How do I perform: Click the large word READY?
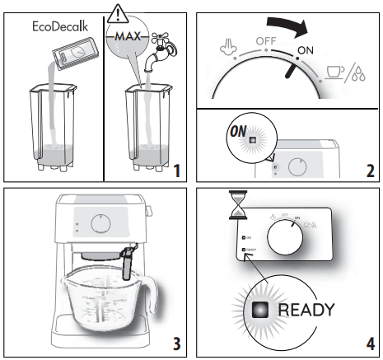coord(306,310)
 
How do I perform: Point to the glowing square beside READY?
coord(263,310)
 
